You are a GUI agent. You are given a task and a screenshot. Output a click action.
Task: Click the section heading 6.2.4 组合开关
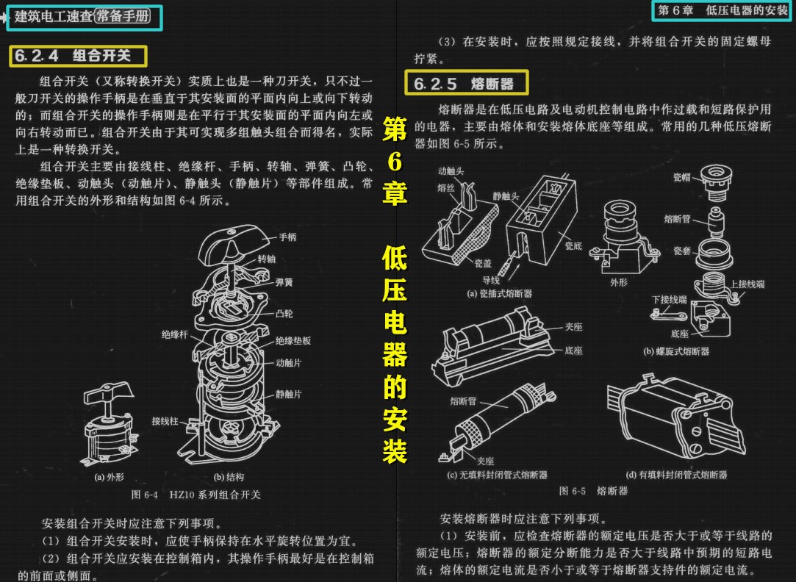coord(79,56)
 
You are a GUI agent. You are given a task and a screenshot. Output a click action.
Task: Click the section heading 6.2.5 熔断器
coord(466,84)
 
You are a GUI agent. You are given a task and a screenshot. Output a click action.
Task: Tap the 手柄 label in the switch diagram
coord(287,237)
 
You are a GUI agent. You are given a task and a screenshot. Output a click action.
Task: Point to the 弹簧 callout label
coord(284,281)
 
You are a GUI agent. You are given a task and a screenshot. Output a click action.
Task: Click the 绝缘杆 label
coord(175,334)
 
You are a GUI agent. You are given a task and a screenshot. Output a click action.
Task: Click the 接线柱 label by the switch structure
coord(165,421)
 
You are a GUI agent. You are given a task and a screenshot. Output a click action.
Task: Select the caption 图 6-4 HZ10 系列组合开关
coord(196,495)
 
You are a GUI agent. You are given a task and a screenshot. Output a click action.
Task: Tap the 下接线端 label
coord(669,299)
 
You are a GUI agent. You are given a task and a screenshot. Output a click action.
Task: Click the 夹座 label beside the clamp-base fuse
coord(574,327)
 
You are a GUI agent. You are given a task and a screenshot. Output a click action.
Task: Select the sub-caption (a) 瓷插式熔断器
coord(500,293)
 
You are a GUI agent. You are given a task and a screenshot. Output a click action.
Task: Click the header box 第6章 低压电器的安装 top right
coord(723,10)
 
